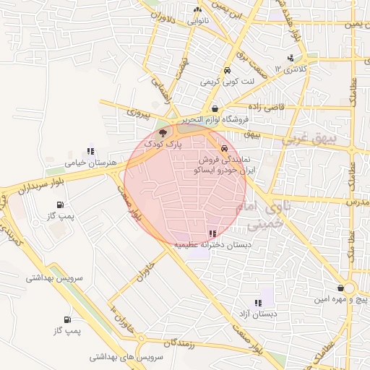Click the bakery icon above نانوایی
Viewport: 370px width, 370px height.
pyautogui.click(x=197, y=10)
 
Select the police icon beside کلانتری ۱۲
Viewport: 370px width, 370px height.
pyautogui.click(x=291, y=58)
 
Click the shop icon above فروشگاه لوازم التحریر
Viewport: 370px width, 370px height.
pyautogui.click(x=215, y=108)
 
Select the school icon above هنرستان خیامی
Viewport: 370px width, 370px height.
pyautogui.click(x=90, y=152)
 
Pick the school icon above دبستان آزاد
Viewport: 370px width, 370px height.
pyautogui.click(x=257, y=303)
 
